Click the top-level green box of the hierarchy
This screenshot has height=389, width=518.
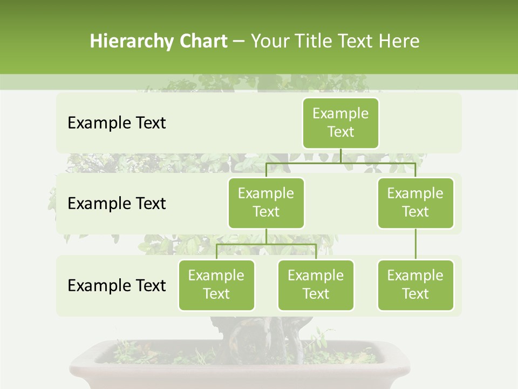340,123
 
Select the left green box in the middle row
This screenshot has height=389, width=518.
266,203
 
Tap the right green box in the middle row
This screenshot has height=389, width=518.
415,203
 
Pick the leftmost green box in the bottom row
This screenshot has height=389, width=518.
216,285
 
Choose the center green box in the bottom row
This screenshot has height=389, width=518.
316,285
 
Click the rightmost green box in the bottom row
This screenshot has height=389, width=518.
415,285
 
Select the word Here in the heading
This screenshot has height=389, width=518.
399,42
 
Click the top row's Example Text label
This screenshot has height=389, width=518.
117,123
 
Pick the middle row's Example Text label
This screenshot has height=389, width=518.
117,204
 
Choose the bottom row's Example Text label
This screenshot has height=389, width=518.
117,286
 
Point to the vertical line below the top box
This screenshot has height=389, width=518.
340,156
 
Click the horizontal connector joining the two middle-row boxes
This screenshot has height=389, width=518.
340,163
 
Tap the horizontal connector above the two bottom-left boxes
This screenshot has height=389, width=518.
266,244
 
